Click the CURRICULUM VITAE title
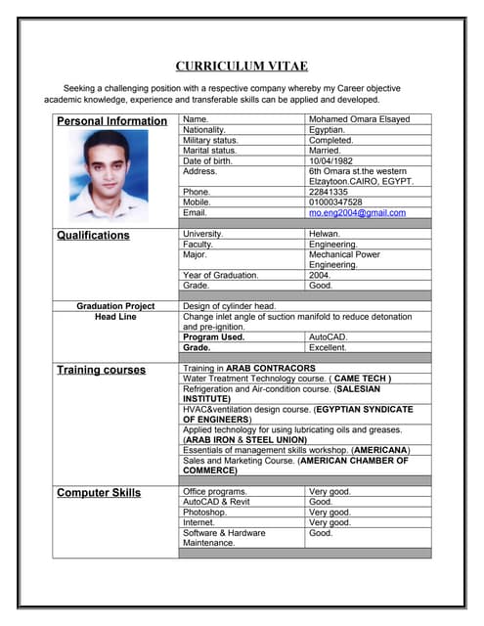[242, 67]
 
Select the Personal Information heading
[111, 121]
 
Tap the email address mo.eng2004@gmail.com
[356, 212]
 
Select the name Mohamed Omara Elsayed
[359, 119]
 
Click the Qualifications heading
[93, 236]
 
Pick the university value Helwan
[325, 234]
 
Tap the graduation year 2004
[320, 275]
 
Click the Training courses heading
[101, 371]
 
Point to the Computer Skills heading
[99, 493]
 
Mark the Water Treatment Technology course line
[287, 378]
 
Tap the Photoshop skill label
[204, 512]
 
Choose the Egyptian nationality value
[327, 129]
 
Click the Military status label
[210, 140]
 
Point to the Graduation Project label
[115, 306]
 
